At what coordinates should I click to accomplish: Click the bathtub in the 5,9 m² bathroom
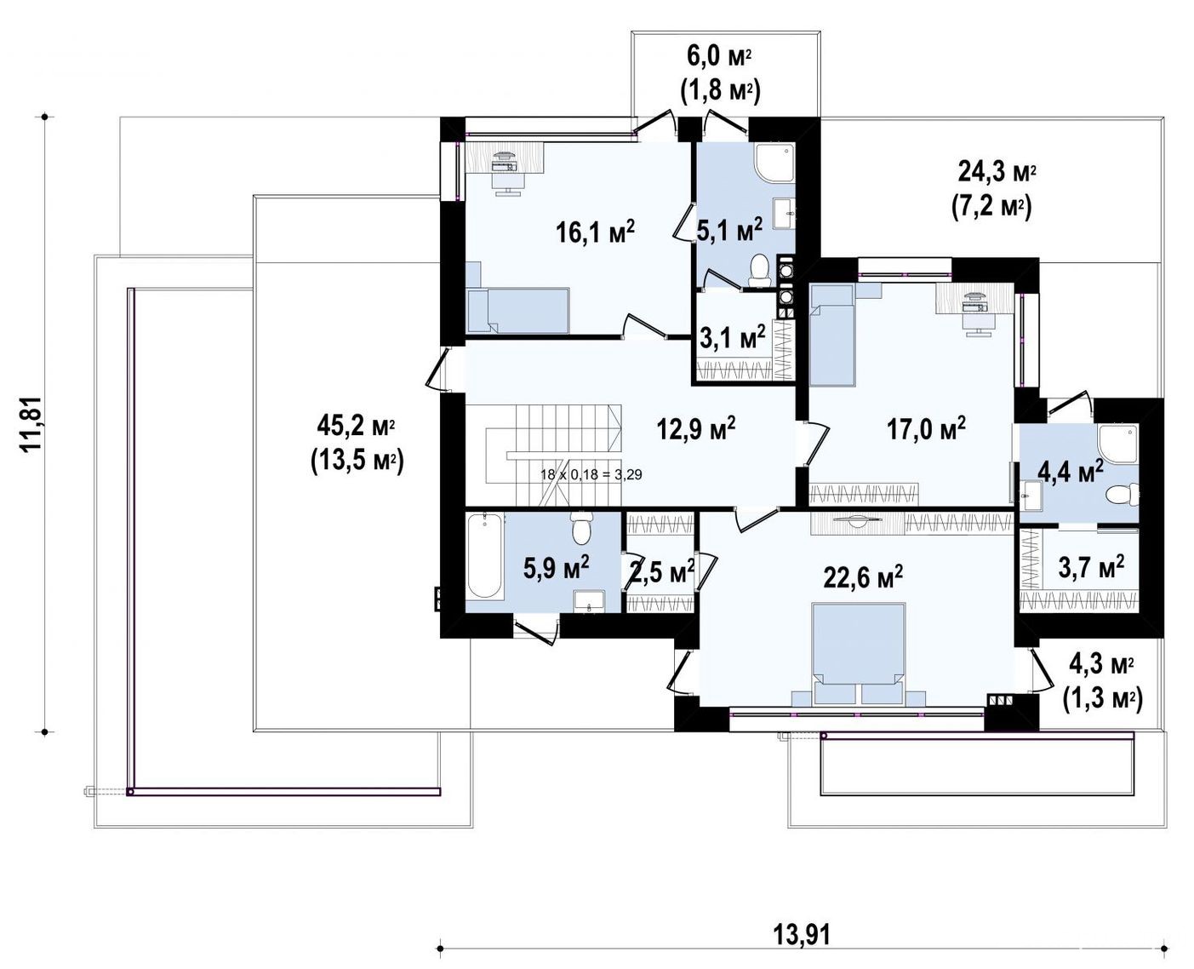[484, 556]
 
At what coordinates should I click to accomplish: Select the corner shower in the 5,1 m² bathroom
[775, 163]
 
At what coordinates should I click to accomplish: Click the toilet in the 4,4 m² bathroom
[1123, 495]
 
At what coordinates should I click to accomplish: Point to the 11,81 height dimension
[31, 423]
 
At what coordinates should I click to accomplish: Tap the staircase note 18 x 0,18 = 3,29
[591, 475]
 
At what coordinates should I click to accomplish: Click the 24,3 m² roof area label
[991, 192]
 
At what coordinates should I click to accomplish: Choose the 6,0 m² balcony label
[720, 76]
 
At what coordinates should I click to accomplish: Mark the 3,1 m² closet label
[732, 337]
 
